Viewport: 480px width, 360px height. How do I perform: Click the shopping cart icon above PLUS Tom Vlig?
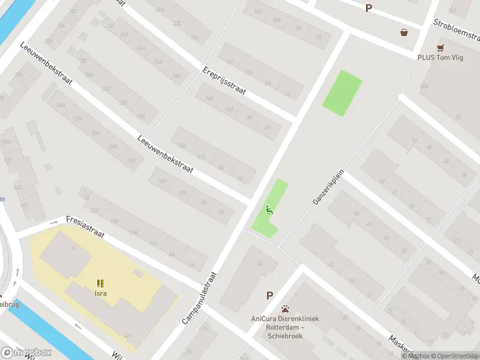coord(441,47)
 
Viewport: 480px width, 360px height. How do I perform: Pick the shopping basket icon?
coord(404,32)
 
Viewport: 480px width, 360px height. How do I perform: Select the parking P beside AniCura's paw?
coord(270,295)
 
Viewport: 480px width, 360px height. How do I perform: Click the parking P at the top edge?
coord(368,8)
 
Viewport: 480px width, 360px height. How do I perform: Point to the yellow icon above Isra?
coord(100,283)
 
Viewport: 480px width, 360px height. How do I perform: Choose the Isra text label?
coord(100,293)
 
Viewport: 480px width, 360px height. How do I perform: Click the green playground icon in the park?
coord(269,210)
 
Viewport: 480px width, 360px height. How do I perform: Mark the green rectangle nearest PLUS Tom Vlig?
coord(343,93)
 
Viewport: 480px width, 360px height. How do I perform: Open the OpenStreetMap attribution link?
coord(455,356)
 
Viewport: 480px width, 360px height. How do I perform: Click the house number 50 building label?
coord(259,264)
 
